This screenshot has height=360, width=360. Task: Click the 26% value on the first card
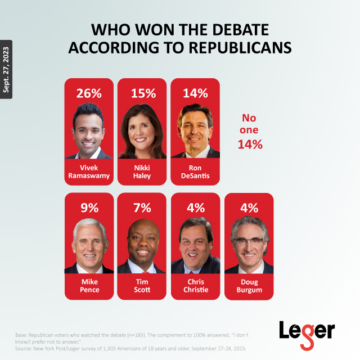click(x=89, y=93)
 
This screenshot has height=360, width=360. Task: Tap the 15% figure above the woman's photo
click(x=142, y=93)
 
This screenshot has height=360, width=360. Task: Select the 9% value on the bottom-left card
click(x=89, y=208)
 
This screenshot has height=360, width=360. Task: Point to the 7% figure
click(x=142, y=208)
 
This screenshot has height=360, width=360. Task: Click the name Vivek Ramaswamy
click(x=89, y=172)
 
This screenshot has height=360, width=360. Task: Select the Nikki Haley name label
click(x=142, y=172)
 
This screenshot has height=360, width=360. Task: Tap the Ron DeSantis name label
click(x=195, y=172)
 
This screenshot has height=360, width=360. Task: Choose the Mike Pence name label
click(x=89, y=286)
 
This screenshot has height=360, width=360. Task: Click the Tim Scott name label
click(x=142, y=286)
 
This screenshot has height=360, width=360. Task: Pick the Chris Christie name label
click(x=195, y=286)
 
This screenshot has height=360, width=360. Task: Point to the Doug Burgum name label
click(x=249, y=286)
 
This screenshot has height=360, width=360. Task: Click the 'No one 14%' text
click(x=250, y=131)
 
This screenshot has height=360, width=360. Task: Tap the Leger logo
click(x=307, y=331)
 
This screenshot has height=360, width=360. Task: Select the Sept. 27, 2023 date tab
click(x=6, y=69)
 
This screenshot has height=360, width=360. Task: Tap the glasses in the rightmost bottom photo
click(x=249, y=241)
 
